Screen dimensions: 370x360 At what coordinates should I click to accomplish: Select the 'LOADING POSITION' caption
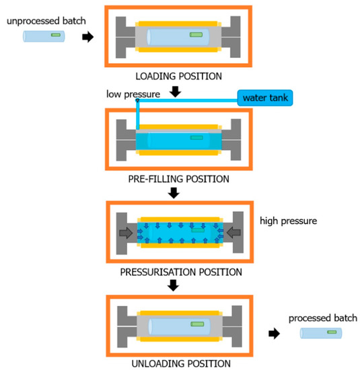tap(174, 77)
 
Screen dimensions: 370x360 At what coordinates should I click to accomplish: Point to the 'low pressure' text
tap(133, 95)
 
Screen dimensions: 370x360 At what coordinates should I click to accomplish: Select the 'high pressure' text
tap(289, 221)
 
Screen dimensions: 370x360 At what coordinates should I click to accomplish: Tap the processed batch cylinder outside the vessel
tap(321, 332)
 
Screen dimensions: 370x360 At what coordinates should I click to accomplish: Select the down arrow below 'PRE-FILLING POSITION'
tap(174, 193)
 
